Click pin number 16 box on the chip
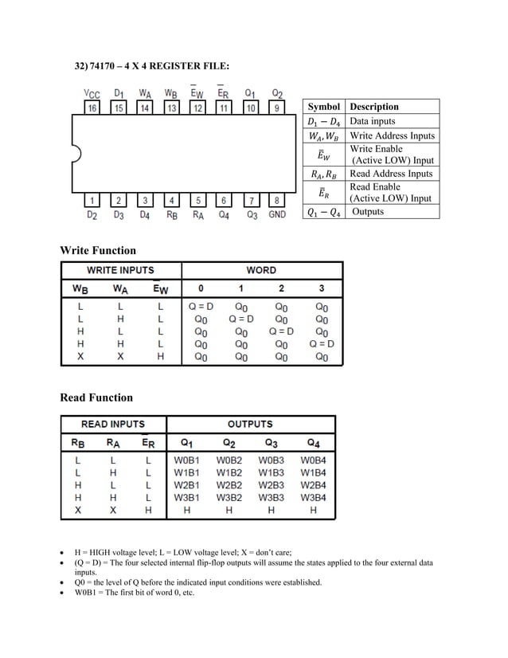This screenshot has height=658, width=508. click(x=92, y=108)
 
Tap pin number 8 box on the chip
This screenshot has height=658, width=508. click(x=277, y=201)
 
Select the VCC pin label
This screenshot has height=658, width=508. click(x=92, y=93)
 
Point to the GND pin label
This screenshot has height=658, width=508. click(x=277, y=215)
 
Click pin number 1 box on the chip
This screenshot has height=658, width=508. click(x=92, y=201)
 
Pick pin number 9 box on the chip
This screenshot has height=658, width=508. click(x=277, y=108)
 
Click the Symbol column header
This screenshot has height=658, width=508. click(x=323, y=106)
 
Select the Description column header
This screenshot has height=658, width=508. click(x=374, y=106)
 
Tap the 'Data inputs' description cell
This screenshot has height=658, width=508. click(x=373, y=121)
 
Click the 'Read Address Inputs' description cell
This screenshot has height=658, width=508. click(x=391, y=174)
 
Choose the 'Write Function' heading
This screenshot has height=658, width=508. click(x=98, y=250)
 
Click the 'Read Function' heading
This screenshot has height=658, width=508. click(x=96, y=398)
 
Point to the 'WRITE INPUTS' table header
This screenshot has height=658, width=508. click(x=120, y=270)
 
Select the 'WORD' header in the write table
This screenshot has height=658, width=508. click(x=261, y=270)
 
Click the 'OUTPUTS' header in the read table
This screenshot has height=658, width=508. click(x=249, y=424)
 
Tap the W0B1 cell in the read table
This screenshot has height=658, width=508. click(x=186, y=460)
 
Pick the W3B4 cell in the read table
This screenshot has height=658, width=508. click(x=313, y=497)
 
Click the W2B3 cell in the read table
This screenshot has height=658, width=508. click(x=271, y=484)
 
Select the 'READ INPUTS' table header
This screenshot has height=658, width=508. click(x=113, y=424)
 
